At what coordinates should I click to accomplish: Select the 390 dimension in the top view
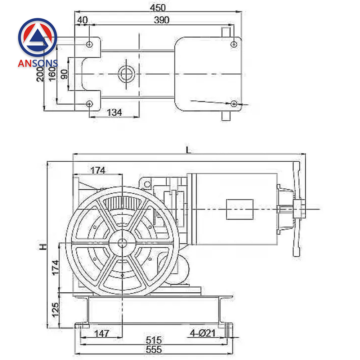click(161, 20)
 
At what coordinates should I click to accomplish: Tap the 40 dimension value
click(82, 20)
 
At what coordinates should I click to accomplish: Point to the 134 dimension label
click(114, 112)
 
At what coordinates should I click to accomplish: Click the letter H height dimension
click(43, 247)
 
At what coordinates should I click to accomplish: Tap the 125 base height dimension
click(55, 310)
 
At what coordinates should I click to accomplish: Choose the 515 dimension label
click(154, 340)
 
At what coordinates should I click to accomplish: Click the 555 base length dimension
click(154, 349)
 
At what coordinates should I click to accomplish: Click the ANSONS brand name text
click(38, 64)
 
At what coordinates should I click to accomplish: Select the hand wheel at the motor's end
click(297, 209)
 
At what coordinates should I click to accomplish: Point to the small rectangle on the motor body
click(239, 209)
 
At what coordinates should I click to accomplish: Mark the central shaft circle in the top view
click(127, 73)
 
